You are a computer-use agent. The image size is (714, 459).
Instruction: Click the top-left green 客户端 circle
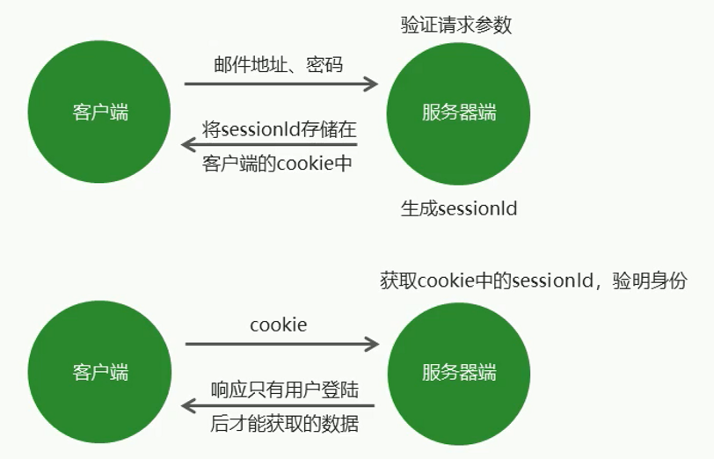click(x=99, y=112)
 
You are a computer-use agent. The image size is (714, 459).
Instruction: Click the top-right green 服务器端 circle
click(x=458, y=112)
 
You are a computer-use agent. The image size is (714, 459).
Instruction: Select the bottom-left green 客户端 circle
click(x=99, y=372)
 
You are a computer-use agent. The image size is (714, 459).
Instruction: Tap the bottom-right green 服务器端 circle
click(x=458, y=372)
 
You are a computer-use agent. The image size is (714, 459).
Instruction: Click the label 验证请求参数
click(x=455, y=25)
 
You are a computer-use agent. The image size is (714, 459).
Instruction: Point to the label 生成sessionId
click(x=459, y=209)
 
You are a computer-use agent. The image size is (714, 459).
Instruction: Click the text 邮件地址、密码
click(x=278, y=65)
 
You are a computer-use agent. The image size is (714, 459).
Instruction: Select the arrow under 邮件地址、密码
click(x=280, y=84)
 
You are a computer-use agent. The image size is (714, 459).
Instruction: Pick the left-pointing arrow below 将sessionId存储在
click(x=268, y=144)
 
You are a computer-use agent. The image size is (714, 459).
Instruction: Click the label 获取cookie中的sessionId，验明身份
click(x=533, y=281)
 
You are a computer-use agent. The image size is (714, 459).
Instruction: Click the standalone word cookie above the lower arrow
click(x=279, y=324)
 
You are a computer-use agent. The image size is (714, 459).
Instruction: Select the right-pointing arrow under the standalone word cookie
click(x=281, y=344)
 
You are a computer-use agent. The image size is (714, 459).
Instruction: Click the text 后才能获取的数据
click(x=284, y=423)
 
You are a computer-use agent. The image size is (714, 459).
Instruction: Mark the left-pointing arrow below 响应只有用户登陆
click(x=277, y=405)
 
